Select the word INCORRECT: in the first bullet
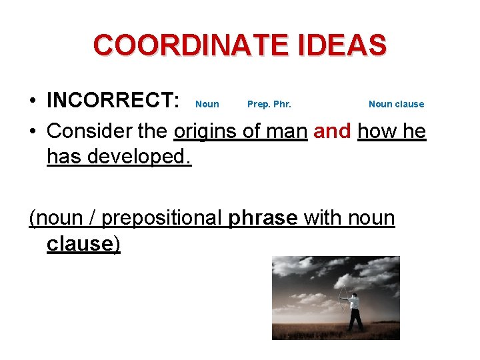(x=113, y=101)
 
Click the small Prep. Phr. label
(x=269, y=104)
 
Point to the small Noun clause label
(x=396, y=104)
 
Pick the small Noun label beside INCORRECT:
(x=207, y=104)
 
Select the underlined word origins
(x=205, y=131)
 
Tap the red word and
(x=332, y=131)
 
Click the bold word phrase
(x=263, y=218)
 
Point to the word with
(x=321, y=218)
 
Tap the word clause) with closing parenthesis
(x=83, y=244)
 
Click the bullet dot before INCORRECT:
(x=33, y=101)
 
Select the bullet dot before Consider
(x=33, y=131)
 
